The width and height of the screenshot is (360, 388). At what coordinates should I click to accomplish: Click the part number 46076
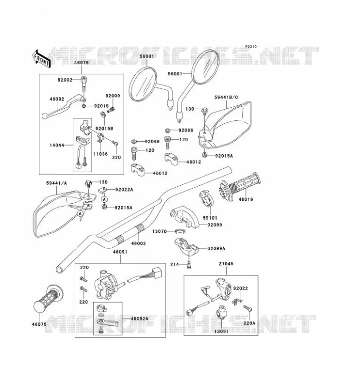[x=81, y=63]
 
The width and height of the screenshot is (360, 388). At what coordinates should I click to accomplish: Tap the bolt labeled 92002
[x=83, y=84]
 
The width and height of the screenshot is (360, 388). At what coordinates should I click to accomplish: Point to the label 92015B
[x=104, y=129]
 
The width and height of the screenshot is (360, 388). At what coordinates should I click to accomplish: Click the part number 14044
[x=57, y=145]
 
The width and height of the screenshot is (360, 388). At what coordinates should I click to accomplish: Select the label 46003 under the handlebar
[x=138, y=243]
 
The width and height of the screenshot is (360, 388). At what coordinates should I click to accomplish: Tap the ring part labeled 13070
[x=180, y=231]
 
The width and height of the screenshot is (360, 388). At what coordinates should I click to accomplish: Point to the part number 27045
[x=226, y=264]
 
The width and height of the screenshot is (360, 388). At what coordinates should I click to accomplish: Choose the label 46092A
[x=139, y=319]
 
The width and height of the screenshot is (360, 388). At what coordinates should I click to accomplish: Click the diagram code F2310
[x=251, y=47]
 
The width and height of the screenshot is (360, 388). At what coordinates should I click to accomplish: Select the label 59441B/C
[x=226, y=97]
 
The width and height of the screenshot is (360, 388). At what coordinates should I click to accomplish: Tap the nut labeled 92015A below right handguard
[x=205, y=155]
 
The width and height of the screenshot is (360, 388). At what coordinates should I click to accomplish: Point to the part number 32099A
[x=216, y=248]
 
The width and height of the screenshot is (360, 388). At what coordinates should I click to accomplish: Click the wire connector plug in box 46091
[x=157, y=272]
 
